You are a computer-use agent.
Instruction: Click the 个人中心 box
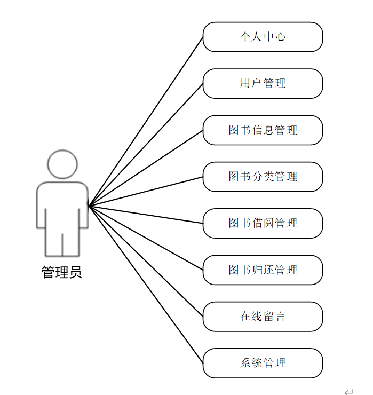[263, 37]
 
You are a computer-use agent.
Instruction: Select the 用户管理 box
[263, 83]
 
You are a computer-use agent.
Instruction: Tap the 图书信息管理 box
[263, 130]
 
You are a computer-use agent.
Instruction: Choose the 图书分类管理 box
[263, 177]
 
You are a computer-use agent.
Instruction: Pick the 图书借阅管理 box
[263, 223]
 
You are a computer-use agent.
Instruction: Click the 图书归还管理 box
[263, 270]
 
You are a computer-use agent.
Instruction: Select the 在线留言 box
[263, 317]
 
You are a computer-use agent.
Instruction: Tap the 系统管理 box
[263, 363]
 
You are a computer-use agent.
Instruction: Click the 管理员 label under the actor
[62, 273]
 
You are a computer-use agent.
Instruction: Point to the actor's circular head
[62, 164]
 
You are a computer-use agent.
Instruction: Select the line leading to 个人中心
[146, 121]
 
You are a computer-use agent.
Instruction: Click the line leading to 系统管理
[146, 284]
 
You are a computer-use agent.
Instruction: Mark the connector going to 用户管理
[146, 145]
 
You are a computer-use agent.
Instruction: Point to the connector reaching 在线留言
[146, 260]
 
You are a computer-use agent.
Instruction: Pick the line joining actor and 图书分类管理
[146, 191]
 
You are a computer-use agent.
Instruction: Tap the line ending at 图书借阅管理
[146, 214]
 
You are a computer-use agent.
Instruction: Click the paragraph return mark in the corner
[348, 392]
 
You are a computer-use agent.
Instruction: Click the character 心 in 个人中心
[280, 37]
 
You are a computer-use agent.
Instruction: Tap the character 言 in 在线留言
[280, 317]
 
